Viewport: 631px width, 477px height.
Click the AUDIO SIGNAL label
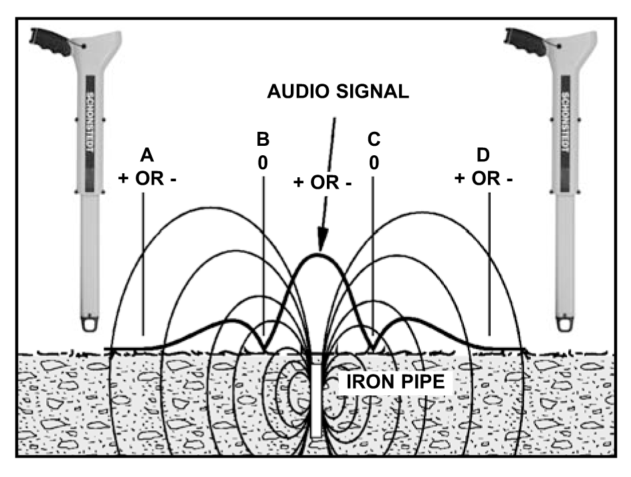[338, 92]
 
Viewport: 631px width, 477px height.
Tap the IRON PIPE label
[396, 381]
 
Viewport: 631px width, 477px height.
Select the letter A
[147, 155]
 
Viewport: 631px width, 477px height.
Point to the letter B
[263, 139]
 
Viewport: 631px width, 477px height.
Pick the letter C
[374, 139]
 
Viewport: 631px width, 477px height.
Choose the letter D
[483, 155]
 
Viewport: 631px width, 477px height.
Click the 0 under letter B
[263, 163]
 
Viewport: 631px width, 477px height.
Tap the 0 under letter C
[374, 163]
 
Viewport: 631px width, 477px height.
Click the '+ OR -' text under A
[147, 179]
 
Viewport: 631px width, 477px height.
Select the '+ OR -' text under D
[483, 179]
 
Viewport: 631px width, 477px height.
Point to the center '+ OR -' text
[322, 183]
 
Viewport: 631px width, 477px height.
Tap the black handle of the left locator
[50, 41]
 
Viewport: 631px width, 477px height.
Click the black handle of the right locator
[525, 41]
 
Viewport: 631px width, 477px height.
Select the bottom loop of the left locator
[90, 324]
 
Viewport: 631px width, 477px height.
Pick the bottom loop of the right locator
[565, 324]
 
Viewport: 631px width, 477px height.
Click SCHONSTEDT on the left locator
[90, 122]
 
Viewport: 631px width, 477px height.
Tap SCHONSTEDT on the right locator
[565, 122]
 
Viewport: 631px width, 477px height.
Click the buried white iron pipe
[316, 397]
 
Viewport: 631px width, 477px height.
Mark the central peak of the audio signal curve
[319, 254]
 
